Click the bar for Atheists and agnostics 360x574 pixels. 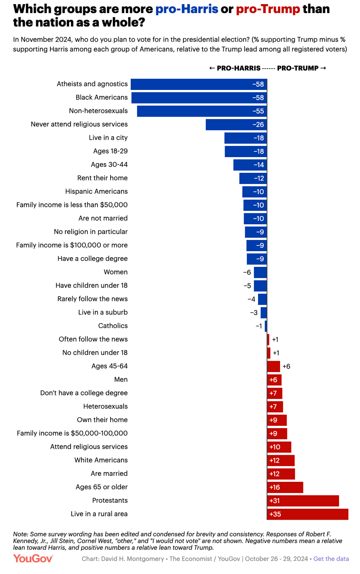[x=199, y=84]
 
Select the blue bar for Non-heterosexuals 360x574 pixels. [x=202, y=111]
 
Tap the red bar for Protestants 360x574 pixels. [x=303, y=501]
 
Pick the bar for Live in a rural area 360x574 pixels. [x=307, y=514]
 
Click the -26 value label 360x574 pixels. [x=258, y=124]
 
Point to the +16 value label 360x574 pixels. [x=274, y=487]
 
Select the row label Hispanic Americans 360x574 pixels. [x=96, y=192]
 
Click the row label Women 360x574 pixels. [x=115, y=272]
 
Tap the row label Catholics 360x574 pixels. [x=113, y=326]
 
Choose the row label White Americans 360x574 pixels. [x=101, y=460]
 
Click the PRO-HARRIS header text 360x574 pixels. [x=238, y=68]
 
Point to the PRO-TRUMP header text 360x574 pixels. [x=298, y=68]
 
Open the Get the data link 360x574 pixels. [x=331, y=559]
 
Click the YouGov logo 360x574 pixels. [x=33, y=559]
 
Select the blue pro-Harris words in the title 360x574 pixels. [x=187, y=9]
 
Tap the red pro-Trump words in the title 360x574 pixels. [x=268, y=9]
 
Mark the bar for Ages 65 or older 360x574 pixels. [x=285, y=487]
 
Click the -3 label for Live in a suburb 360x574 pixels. [x=254, y=313]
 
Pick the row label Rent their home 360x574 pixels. [x=102, y=178]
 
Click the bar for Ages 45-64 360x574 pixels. [x=273, y=367]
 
